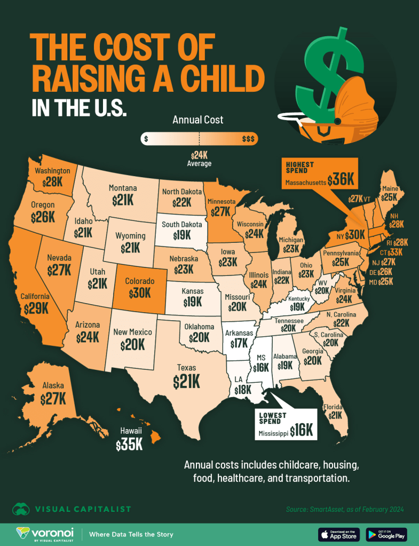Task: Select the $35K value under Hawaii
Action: tap(129, 445)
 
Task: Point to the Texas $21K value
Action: tap(186, 381)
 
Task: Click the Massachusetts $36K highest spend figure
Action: tap(341, 180)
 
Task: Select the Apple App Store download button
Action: tap(339, 534)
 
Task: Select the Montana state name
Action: tap(123, 188)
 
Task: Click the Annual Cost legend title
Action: tap(198, 120)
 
